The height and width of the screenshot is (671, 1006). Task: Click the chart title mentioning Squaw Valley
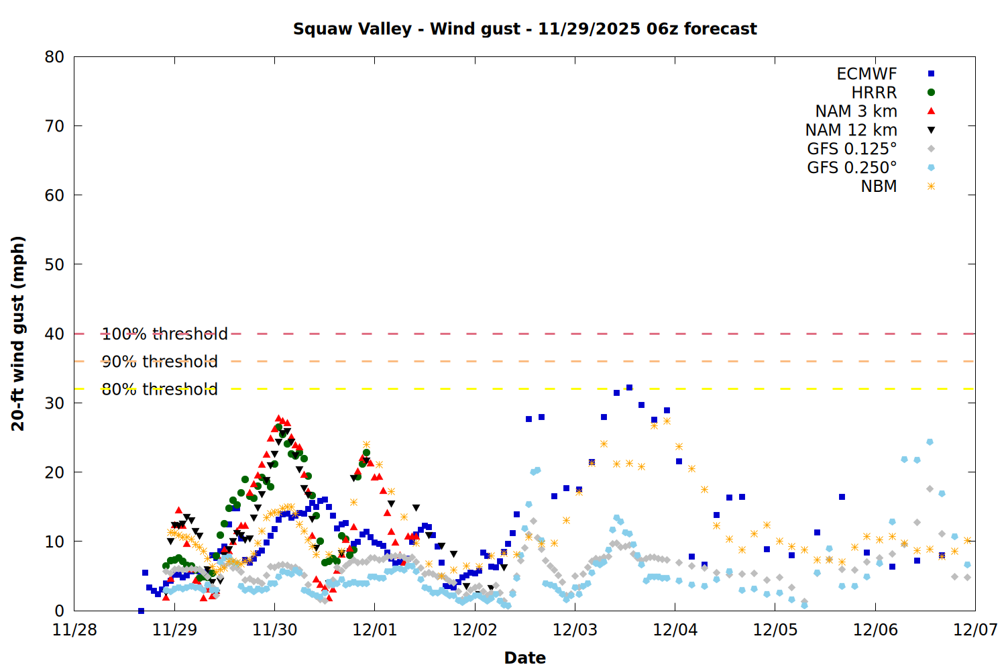[x=524, y=29]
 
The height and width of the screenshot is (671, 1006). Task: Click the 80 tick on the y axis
[x=54, y=57]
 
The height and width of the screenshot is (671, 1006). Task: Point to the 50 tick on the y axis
[x=54, y=264]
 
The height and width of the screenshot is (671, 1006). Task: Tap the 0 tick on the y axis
[x=59, y=611]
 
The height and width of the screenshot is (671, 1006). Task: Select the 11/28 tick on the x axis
[x=74, y=630]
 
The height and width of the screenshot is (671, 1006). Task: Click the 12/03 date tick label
[x=575, y=630]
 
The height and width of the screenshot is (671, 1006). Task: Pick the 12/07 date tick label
[x=975, y=630]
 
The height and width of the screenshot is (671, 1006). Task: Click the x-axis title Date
[x=524, y=658]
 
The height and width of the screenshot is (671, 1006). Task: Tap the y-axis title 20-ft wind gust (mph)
[x=18, y=333]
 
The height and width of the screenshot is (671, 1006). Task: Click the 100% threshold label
[x=164, y=334]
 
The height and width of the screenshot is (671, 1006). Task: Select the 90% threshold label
[x=160, y=362]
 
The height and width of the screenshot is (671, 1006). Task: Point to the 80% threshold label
[x=160, y=389]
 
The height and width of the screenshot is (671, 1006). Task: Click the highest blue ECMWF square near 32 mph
[x=629, y=388]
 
